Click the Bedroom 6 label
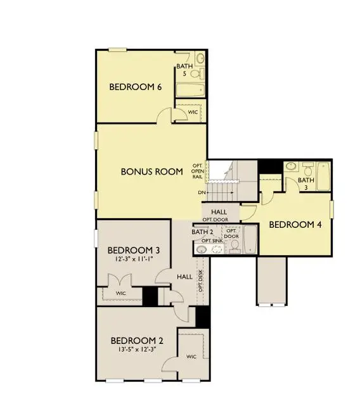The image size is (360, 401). pyautogui.click(x=136, y=87)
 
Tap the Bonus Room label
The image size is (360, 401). pyautogui.click(x=151, y=171)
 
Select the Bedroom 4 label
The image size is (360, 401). pyautogui.click(x=295, y=225)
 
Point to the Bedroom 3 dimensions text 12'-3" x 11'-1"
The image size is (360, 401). pyautogui.click(x=134, y=259)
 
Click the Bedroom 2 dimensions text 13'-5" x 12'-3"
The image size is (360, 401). pyautogui.click(x=137, y=350)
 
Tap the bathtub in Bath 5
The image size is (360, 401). pyautogui.click(x=190, y=89)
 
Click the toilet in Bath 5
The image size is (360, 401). pyautogui.click(x=198, y=74)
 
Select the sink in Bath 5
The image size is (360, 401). pyautogui.click(x=200, y=58)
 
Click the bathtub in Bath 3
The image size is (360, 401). pyautogui.click(x=324, y=176)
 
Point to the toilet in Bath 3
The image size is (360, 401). pyautogui.click(x=308, y=168)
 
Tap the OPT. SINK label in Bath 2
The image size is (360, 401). pyautogui.click(x=212, y=241)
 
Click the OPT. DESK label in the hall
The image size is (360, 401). pyautogui.click(x=200, y=281)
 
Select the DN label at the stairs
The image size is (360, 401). pyautogui.click(x=202, y=193)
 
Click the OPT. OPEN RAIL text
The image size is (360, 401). pyautogui.click(x=198, y=171)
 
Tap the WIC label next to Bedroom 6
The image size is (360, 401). pyautogui.click(x=193, y=112)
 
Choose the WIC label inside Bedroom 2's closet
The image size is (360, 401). pyautogui.click(x=191, y=357)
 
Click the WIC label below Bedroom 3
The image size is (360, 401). pyautogui.click(x=120, y=293)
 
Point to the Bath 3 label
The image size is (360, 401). pyautogui.click(x=306, y=183)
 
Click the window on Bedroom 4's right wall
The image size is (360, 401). pyautogui.click(x=331, y=209)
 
